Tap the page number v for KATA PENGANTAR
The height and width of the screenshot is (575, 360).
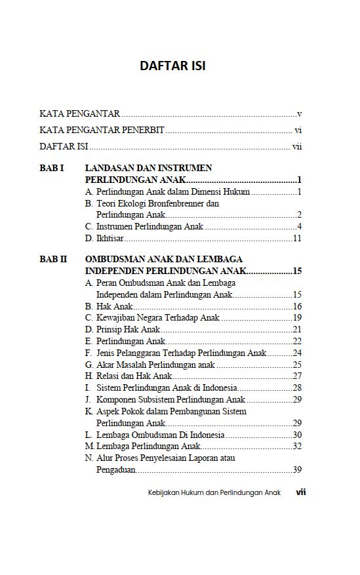point(299,113)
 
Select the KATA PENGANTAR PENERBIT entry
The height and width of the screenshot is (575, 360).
point(102,130)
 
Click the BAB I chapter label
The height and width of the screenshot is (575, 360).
point(52,168)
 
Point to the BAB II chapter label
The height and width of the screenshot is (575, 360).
point(54,259)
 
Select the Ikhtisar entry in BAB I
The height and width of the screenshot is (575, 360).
point(110,238)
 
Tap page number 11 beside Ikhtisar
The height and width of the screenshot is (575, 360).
point(296,238)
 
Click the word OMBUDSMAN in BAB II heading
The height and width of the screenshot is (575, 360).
point(115,259)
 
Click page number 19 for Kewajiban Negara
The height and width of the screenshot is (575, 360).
point(296,318)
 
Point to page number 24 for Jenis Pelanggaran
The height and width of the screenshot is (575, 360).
point(296,353)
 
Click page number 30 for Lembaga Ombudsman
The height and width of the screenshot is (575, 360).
point(296,435)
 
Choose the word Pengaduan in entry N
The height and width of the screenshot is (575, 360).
point(115,469)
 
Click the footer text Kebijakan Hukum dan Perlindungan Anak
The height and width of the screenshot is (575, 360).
point(214,492)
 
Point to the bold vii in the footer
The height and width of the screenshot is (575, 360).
point(301,492)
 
